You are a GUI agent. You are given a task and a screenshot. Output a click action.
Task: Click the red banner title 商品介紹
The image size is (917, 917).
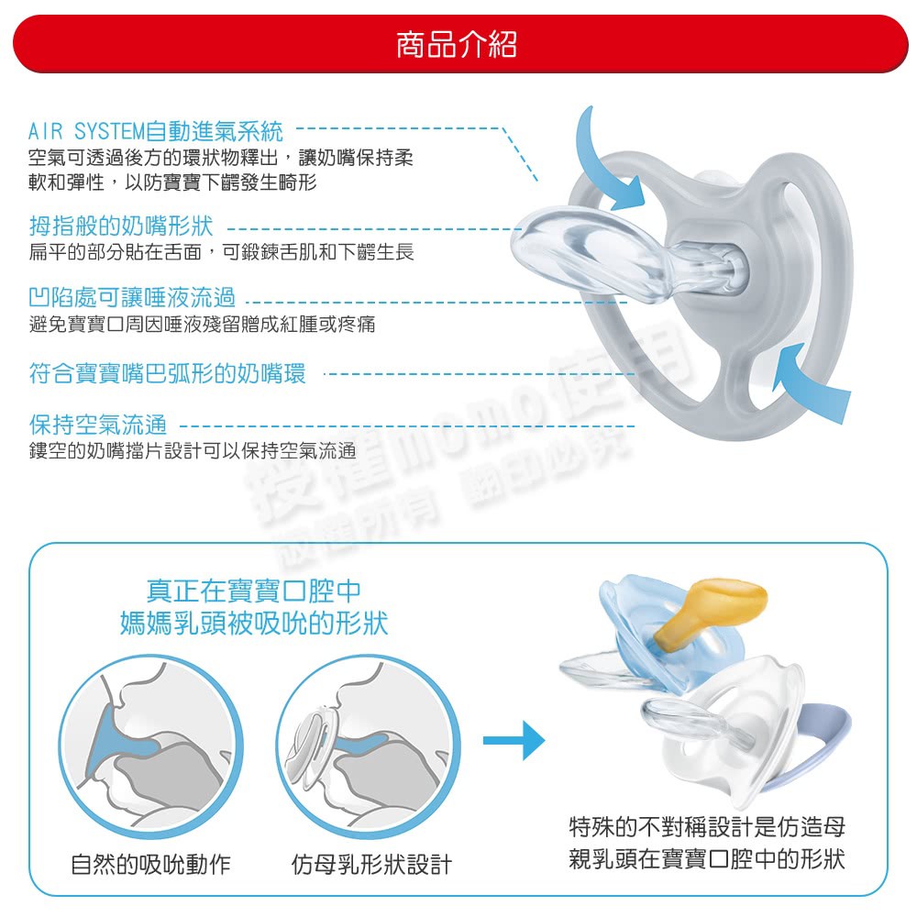tap(457, 44)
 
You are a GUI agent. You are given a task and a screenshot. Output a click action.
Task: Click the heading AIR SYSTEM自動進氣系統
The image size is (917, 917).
tap(156, 131)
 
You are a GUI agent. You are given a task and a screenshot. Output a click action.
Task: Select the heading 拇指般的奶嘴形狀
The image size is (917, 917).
tap(121, 226)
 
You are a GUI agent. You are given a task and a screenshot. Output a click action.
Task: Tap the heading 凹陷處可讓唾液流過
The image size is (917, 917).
tap(132, 298)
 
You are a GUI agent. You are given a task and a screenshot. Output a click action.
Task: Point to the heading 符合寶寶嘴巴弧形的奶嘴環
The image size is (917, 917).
tap(167, 373)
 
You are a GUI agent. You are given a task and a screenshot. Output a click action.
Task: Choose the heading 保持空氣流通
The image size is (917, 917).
tap(98, 425)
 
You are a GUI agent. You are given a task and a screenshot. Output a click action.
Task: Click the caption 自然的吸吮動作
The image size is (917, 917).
tap(151, 865)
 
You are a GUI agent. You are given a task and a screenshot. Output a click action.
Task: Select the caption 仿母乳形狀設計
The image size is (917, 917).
tap(372, 865)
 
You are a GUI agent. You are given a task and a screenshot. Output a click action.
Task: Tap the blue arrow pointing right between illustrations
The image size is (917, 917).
tap(514, 740)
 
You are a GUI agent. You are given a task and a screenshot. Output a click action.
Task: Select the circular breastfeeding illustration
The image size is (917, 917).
tap(151, 746)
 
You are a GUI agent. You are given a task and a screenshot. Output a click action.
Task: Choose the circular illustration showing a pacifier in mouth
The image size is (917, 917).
tap(369, 746)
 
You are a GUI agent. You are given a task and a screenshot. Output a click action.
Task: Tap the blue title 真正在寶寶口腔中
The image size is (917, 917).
tap(254, 591)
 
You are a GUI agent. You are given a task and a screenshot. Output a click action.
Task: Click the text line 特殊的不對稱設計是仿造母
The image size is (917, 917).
tap(707, 827)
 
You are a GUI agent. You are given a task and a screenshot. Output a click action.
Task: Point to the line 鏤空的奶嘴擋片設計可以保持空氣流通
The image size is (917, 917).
tap(193, 451)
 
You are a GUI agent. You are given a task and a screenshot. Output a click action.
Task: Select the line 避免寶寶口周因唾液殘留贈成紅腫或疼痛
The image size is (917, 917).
tap(203, 324)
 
